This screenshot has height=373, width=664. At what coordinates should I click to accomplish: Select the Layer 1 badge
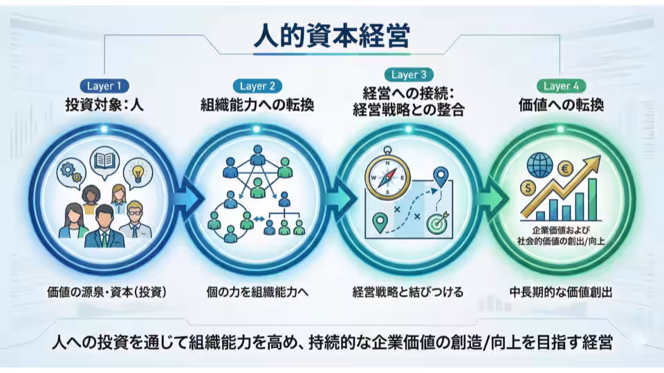104,86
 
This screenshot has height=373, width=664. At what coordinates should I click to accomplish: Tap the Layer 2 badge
257,86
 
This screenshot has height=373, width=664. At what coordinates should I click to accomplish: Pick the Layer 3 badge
408,75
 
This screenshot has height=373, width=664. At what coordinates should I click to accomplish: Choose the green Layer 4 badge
561,86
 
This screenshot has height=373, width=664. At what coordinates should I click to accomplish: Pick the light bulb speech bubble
136,169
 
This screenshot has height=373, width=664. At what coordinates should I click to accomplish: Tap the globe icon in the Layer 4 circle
539,164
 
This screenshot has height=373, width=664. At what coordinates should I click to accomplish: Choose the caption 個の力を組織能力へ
257,291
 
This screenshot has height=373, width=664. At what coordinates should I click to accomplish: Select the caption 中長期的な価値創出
561,291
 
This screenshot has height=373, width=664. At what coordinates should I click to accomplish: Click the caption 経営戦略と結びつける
408,291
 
